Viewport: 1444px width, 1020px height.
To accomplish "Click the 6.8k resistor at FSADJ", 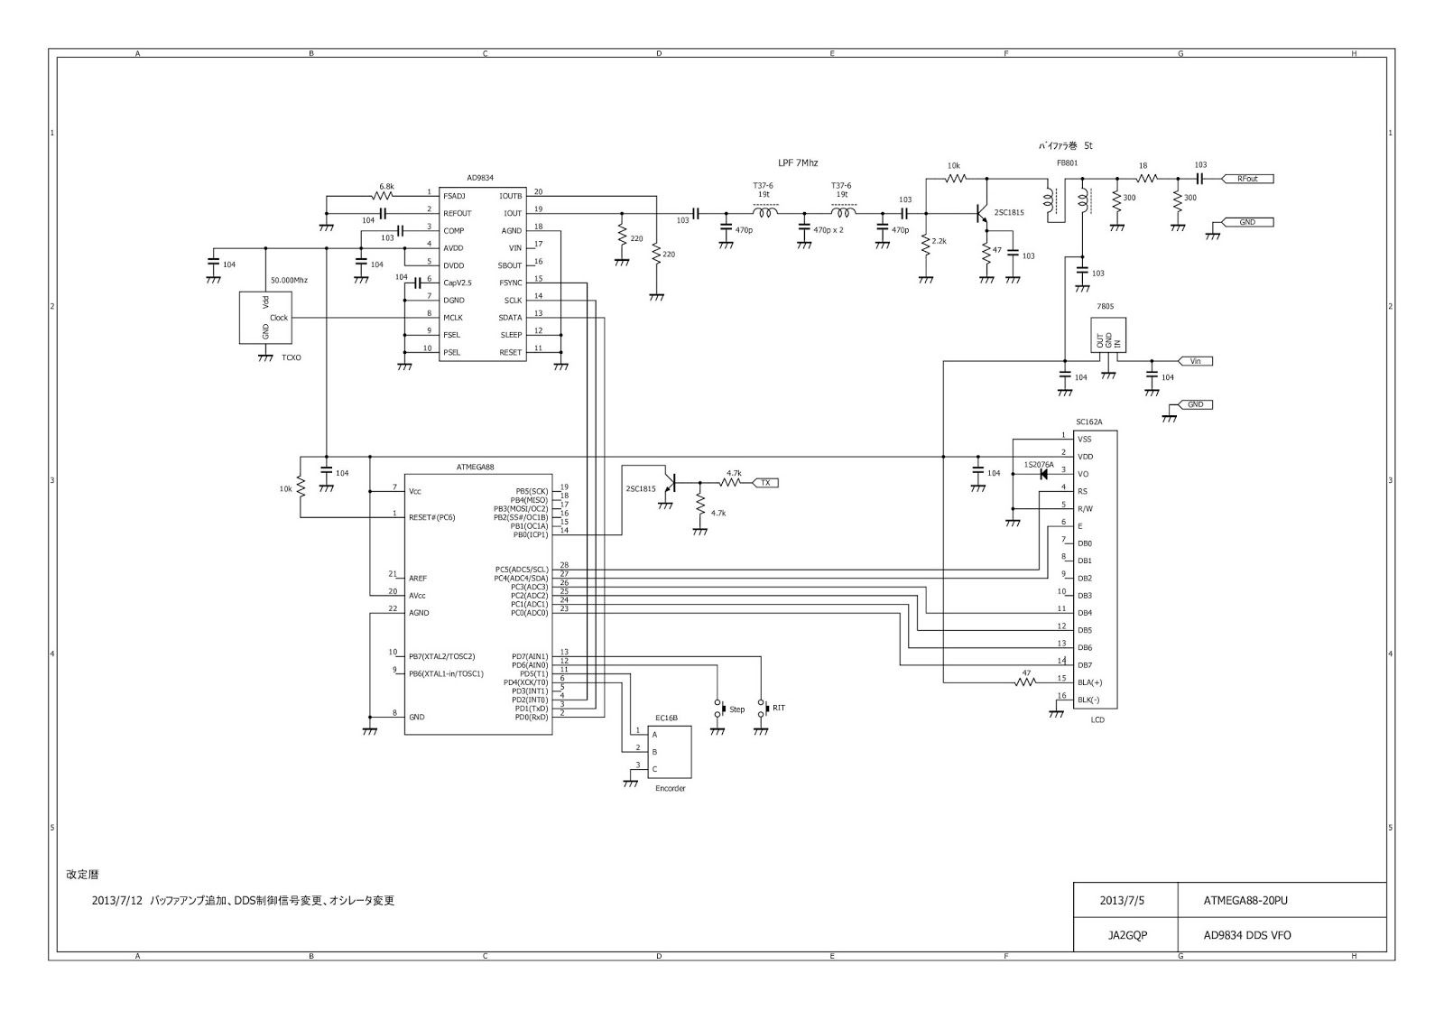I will pos(384,195).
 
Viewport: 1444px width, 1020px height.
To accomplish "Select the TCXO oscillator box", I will pos(265,317).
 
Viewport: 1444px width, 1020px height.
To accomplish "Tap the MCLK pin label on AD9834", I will pos(452,318).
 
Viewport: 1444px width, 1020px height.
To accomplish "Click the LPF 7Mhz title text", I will pos(798,162).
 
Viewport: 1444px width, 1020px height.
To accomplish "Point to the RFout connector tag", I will pos(1253,179).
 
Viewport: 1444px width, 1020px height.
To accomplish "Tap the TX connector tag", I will pos(764,483).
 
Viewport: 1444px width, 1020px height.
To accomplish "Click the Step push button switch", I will pos(719,709).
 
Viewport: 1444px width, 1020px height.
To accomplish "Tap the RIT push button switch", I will pos(763,708).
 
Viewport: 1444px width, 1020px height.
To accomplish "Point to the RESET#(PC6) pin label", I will pos(432,518).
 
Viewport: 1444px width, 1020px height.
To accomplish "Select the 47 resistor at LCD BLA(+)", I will pos(1026,682).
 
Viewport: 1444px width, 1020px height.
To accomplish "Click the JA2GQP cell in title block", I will pos(1126,935).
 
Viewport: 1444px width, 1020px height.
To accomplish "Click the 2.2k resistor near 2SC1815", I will pos(926,245).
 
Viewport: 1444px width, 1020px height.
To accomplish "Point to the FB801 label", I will pos(1067,163).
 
